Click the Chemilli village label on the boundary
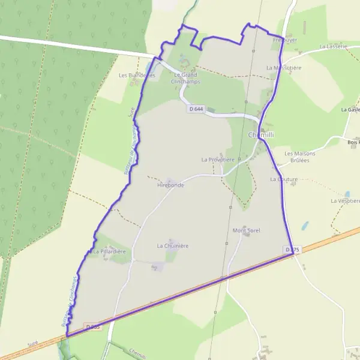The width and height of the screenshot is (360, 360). [261, 135]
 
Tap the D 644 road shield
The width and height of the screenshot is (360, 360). [196, 109]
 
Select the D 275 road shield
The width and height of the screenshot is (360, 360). [292, 249]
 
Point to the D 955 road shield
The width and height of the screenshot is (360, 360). [92, 326]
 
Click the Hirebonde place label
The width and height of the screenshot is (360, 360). [170, 185]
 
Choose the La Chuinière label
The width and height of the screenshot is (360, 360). [173, 245]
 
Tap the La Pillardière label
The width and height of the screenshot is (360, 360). [109, 251]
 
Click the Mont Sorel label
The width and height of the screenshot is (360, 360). [246, 230]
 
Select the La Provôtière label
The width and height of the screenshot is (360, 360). [217, 160]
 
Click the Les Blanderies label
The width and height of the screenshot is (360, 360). [137, 76]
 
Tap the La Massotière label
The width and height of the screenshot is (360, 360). [284, 68]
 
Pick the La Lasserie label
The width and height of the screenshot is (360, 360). [334, 46]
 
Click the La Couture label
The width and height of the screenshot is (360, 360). [284, 179]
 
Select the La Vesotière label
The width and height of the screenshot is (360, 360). [344, 200]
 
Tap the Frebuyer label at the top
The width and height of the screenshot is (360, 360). [285, 40]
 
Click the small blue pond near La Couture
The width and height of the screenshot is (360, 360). [305, 226]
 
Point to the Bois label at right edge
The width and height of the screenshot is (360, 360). [353, 142]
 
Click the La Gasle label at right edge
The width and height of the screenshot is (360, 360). [350, 110]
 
